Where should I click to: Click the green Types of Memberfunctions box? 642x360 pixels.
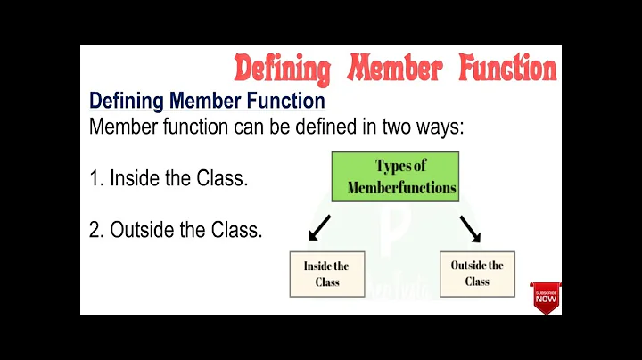click(395, 176)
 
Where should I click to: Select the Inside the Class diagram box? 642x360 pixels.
click(326, 274)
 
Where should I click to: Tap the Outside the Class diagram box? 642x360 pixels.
click(477, 273)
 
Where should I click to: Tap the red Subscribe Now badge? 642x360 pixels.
click(547, 297)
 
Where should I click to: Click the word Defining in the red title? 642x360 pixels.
click(282, 68)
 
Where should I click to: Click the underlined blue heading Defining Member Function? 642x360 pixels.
click(207, 101)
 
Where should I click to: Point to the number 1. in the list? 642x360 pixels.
click(96, 178)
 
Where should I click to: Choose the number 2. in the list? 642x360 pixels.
click(97, 230)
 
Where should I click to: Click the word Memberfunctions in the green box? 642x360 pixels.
click(402, 187)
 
